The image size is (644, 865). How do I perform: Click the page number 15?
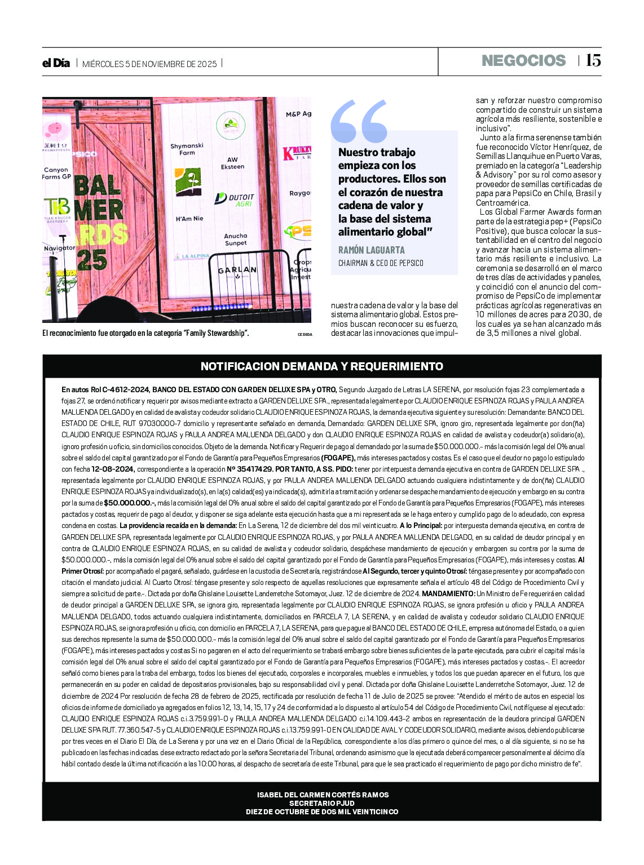pos(593,60)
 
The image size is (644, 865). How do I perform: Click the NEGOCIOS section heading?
pos(523,61)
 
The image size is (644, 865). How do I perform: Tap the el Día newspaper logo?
pos(56,63)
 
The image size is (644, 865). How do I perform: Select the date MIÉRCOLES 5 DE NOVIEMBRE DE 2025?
pos(149,64)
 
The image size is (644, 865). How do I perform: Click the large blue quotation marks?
pos(359,120)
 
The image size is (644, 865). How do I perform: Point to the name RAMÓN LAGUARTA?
pos(372,250)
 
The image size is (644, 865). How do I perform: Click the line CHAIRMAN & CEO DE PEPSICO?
pos(381,263)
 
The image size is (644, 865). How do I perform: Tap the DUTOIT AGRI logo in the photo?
pos(235,199)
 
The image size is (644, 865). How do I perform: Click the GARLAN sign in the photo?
pos(237,270)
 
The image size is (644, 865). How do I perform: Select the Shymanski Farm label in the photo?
pos(187,149)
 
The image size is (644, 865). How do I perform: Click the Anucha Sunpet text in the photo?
pos(236,239)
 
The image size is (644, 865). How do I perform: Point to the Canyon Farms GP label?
pos(56,173)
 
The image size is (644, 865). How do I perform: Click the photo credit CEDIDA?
pos(305,334)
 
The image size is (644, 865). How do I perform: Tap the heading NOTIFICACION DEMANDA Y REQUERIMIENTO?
pos(321,366)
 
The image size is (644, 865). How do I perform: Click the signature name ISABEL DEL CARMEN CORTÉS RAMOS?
pos(323,795)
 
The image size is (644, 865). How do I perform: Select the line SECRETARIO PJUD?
pos(322,803)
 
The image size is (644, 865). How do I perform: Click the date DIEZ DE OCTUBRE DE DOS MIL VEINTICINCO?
pos(322,811)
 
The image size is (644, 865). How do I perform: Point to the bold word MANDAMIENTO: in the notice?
pos(448,593)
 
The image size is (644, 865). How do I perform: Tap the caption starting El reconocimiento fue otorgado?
pos(145,333)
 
